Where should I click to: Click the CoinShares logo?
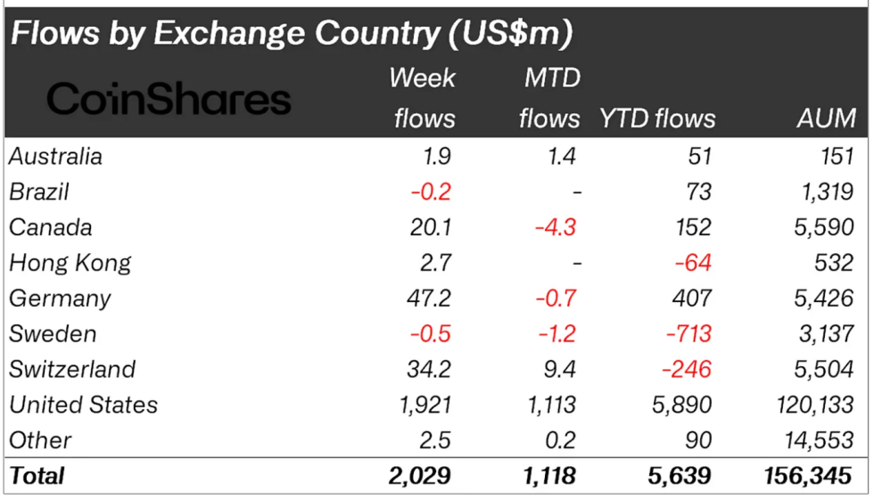(169, 99)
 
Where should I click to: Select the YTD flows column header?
(657, 118)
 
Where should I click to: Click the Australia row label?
(55, 157)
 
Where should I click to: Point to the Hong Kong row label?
(70, 263)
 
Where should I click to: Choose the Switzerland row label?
(72, 369)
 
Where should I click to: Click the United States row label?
(83, 405)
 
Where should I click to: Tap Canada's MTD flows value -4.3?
(555, 227)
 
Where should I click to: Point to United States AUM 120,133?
(813, 405)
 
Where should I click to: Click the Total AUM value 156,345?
(809, 476)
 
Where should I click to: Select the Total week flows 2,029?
(419, 476)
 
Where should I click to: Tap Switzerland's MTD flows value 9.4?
(559, 369)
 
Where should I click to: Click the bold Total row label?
(37, 476)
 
